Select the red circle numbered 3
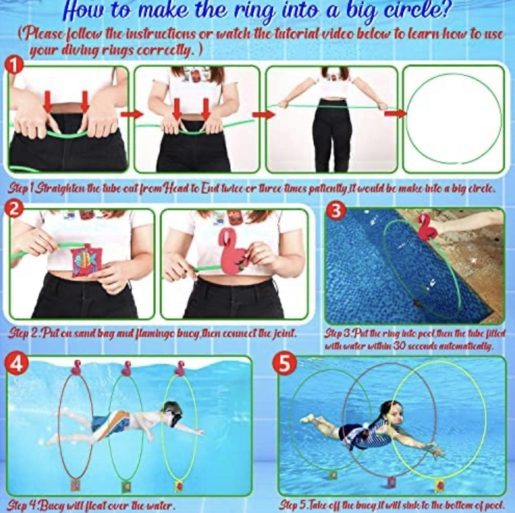coord(335,212)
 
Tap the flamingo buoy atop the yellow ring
coord(180,368)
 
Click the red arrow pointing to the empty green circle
coord(395,113)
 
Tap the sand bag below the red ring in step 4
coord(75,484)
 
